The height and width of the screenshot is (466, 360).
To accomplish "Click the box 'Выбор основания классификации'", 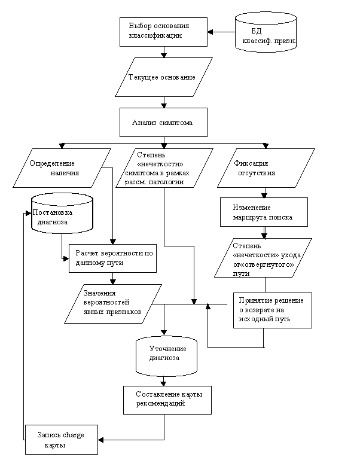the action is tap(163, 32).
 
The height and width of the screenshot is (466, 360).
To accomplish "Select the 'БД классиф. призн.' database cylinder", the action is tap(266, 32).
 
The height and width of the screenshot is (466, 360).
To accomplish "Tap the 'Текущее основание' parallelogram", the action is tap(164, 77).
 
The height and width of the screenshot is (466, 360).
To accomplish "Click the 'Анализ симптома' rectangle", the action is tap(163, 122).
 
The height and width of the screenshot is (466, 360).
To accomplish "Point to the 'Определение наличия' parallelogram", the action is tap(62, 168).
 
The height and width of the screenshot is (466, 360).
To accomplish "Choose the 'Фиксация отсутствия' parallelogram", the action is tap(266, 168).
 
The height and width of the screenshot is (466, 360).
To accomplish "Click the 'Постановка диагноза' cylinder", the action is tap(62, 213).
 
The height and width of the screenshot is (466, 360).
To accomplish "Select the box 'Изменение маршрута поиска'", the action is tap(264, 212).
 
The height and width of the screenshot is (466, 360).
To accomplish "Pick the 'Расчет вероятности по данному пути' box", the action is tap(112, 258).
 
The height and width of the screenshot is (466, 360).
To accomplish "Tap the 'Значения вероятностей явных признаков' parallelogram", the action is tap(113, 304).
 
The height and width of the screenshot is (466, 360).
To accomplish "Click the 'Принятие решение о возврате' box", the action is tap(272, 310).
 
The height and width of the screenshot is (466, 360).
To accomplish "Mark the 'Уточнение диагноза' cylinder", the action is tap(166, 357).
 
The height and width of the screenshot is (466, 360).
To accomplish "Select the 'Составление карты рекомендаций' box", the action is tap(167, 400).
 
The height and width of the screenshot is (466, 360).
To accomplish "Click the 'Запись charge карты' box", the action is tap(62, 440).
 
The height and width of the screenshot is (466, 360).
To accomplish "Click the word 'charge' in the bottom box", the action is tap(74, 435).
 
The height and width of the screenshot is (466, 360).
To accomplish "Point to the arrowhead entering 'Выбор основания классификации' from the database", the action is tap(210, 32).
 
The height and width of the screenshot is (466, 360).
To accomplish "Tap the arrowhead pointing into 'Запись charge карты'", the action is tap(101, 440).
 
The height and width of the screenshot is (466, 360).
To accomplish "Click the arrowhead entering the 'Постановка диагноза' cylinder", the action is tap(29, 214).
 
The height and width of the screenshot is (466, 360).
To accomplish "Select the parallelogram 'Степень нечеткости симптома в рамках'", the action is tap(164, 168).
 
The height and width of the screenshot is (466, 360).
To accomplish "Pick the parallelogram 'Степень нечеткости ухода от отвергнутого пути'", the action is tap(263, 258).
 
